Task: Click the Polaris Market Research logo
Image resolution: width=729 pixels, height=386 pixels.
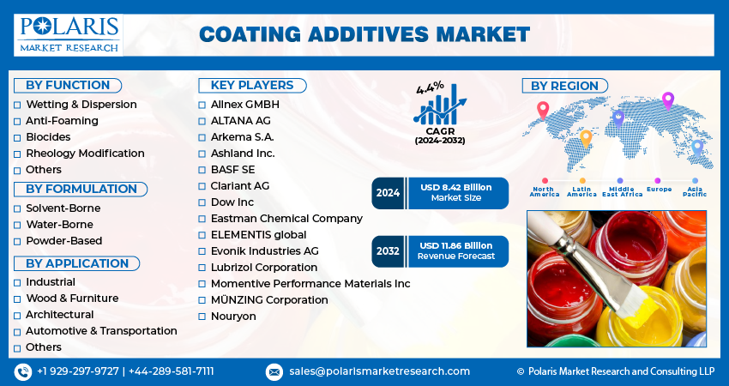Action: pyautogui.click(x=69, y=35)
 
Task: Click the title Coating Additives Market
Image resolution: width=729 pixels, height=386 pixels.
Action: pyautogui.click(x=364, y=35)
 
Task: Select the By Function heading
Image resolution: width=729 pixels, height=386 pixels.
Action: pyautogui.click(x=68, y=86)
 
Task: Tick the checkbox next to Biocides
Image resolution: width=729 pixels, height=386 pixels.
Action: pyautogui.click(x=17, y=137)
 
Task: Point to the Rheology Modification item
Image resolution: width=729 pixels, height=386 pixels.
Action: pyautogui.click(x=85, y=153)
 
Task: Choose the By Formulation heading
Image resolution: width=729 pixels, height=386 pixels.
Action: pyautogui.click(x=81, y=190)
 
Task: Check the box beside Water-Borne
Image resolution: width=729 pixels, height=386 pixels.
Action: pyautogui.click(x=17, y=225)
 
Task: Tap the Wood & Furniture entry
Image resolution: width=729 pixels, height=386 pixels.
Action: pyautogui.click(x=72, y=299)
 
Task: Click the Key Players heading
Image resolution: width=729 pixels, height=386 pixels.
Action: pyautogui.click(x=252, y=86)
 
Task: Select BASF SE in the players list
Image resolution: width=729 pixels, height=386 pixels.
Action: pyautogui.click(x=232, y=169)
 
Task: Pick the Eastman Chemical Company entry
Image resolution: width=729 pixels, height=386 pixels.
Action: pyautogui.click(x=286, y=218)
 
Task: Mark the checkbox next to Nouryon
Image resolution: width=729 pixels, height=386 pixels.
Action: pyautogui.click(x=202, y=317)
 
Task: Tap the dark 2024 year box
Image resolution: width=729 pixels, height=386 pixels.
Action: pyautogui.click(x=389, y=193)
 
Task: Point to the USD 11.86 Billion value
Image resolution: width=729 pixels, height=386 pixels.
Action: pyautogui.click(x=455, y=245)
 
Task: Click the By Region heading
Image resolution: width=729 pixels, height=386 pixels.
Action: pyautogui.click(x=565, y=86)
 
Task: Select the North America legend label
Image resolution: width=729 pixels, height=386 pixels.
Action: pyautogui.click(x=545, y=191)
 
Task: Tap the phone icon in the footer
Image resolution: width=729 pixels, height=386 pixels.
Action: pyautogui.click(x=23, y=371)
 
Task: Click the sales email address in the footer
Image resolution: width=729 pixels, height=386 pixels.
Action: pyautogui.click(x=379, y=371)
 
